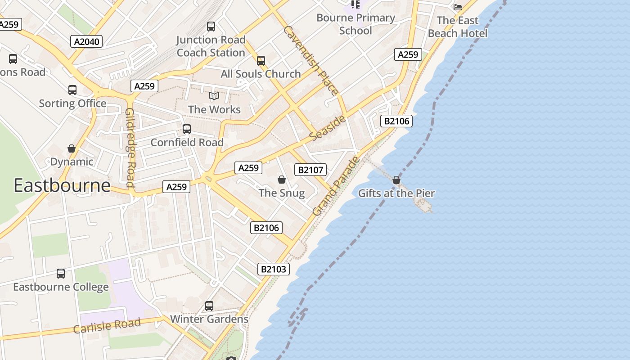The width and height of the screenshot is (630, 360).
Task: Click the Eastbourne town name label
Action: (62, 185)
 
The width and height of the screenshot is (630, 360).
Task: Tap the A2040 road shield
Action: (86, 42)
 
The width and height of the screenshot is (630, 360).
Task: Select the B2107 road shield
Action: (310, 170)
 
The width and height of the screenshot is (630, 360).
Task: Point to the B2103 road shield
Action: (274, 269)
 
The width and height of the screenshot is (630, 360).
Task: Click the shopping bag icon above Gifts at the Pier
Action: (396, 180)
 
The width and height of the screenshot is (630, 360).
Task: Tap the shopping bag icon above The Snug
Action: (282, 180)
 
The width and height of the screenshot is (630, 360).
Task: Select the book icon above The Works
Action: (214, 96)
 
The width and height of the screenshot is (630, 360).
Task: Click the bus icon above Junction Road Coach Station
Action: (211, 27)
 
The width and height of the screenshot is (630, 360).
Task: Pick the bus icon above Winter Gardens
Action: (209, 306)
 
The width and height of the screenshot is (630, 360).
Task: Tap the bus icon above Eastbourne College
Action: (61, 273)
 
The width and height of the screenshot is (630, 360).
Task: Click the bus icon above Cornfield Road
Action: (187, 129)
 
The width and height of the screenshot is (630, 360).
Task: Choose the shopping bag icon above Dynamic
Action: (72, 148)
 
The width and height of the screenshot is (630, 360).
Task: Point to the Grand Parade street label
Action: (336, 185)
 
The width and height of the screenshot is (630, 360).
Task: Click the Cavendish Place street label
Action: (310, 60)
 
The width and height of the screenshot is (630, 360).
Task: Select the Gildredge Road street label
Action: (130, 147)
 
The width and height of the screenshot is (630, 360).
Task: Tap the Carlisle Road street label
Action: (107, 326)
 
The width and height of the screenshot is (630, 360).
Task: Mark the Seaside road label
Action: (328, 127)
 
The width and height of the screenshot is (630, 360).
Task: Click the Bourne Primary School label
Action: (355, 24)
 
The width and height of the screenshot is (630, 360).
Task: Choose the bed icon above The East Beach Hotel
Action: (458, 7)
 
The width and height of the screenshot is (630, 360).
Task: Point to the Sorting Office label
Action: (72, 103)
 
